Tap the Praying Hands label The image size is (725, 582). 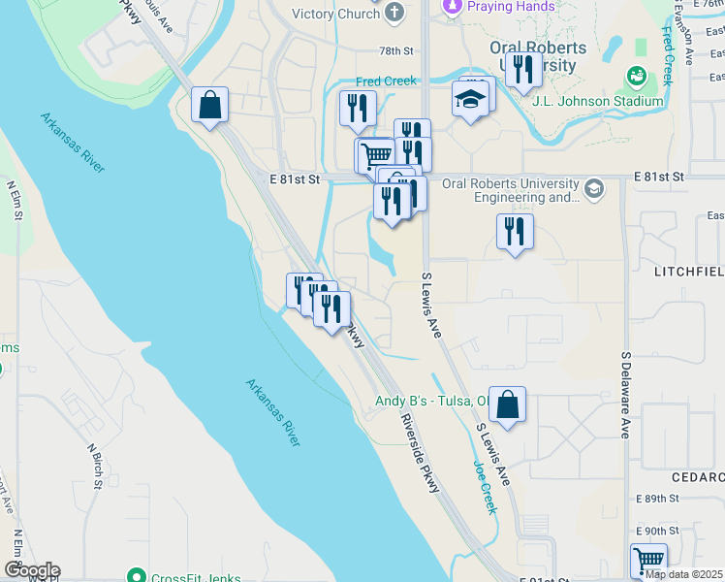(x=511, y=6)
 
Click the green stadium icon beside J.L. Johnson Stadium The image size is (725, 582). (x=637, y=76)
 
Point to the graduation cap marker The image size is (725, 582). (x=470, y=100)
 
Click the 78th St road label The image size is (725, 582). (x=395, y=50)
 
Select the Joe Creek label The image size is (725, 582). (x=485, y=485)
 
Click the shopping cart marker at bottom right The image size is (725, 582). (x=647, y=561)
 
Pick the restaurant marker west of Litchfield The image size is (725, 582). (x=514, y=232)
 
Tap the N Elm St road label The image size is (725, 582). (x=15, y=201)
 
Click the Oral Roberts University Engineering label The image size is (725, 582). (x=510, y=190)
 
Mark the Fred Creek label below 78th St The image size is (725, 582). (x=387, y=81)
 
